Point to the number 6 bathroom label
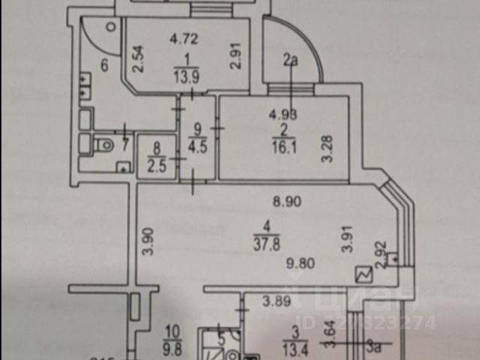click(104, 65)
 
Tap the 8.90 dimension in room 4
click(287, 200)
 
